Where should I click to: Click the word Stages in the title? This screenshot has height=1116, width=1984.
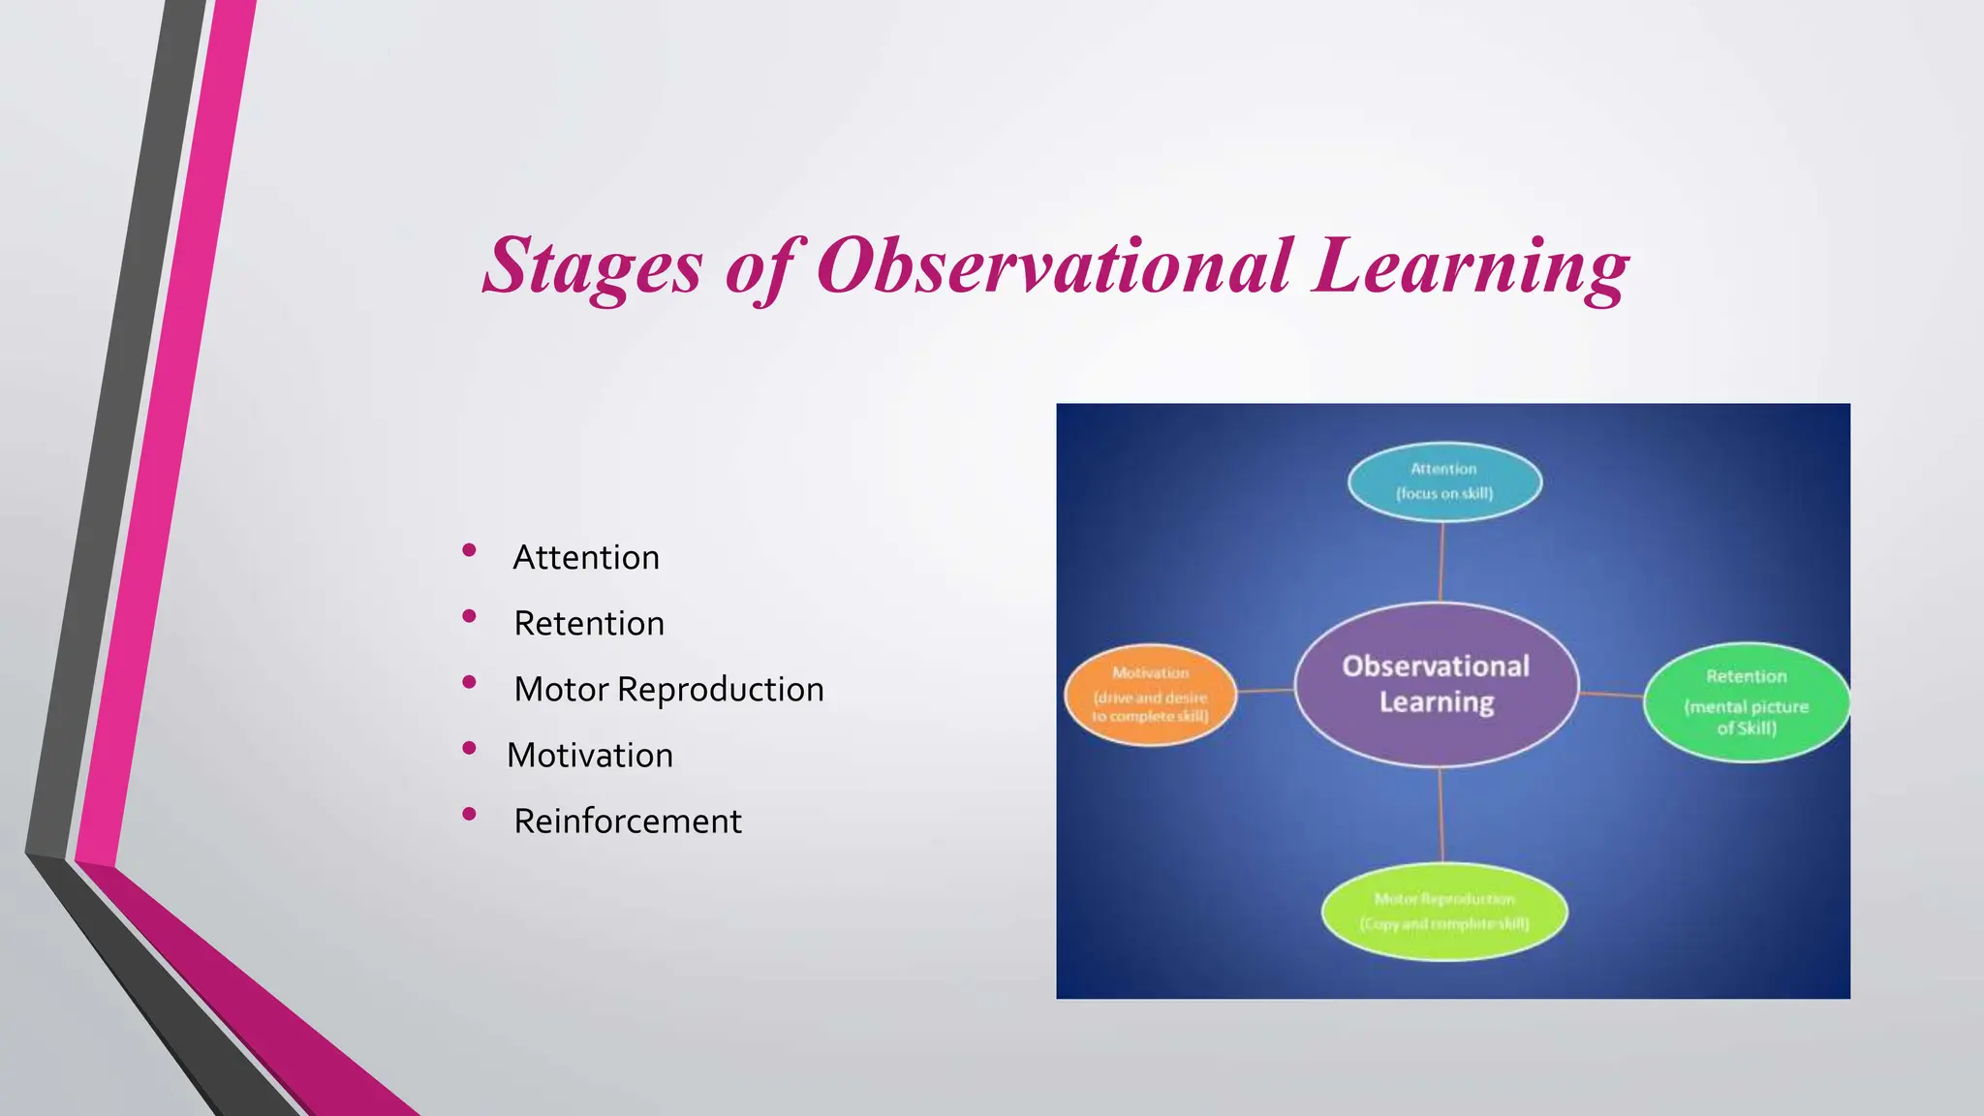[x=592, y=265]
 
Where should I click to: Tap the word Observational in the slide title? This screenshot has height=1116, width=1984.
[x=1054, y=265]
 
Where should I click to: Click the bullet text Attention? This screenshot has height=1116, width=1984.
[x=585, y=558]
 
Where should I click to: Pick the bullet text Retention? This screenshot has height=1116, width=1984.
[x=588, y=624]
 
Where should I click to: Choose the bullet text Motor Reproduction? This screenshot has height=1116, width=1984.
[x=668, y=690]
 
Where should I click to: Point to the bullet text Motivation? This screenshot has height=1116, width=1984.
[x=589, y=756]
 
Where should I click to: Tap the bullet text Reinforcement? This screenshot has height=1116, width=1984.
[x=627, y=821]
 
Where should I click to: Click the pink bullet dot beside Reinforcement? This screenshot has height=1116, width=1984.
[x=469, y=815]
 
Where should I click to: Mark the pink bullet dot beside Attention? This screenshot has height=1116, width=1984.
[x=469, y=550]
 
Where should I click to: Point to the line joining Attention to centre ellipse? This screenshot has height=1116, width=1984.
[x=1441, y=562]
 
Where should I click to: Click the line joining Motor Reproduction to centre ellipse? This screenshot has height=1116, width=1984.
[x=1441, y=814]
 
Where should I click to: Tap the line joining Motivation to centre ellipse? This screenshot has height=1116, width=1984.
[x=1265, y=691]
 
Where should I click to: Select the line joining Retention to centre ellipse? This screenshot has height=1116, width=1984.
[x=1611, y=695]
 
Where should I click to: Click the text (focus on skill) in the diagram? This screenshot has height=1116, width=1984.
[x=1443, y=494]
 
